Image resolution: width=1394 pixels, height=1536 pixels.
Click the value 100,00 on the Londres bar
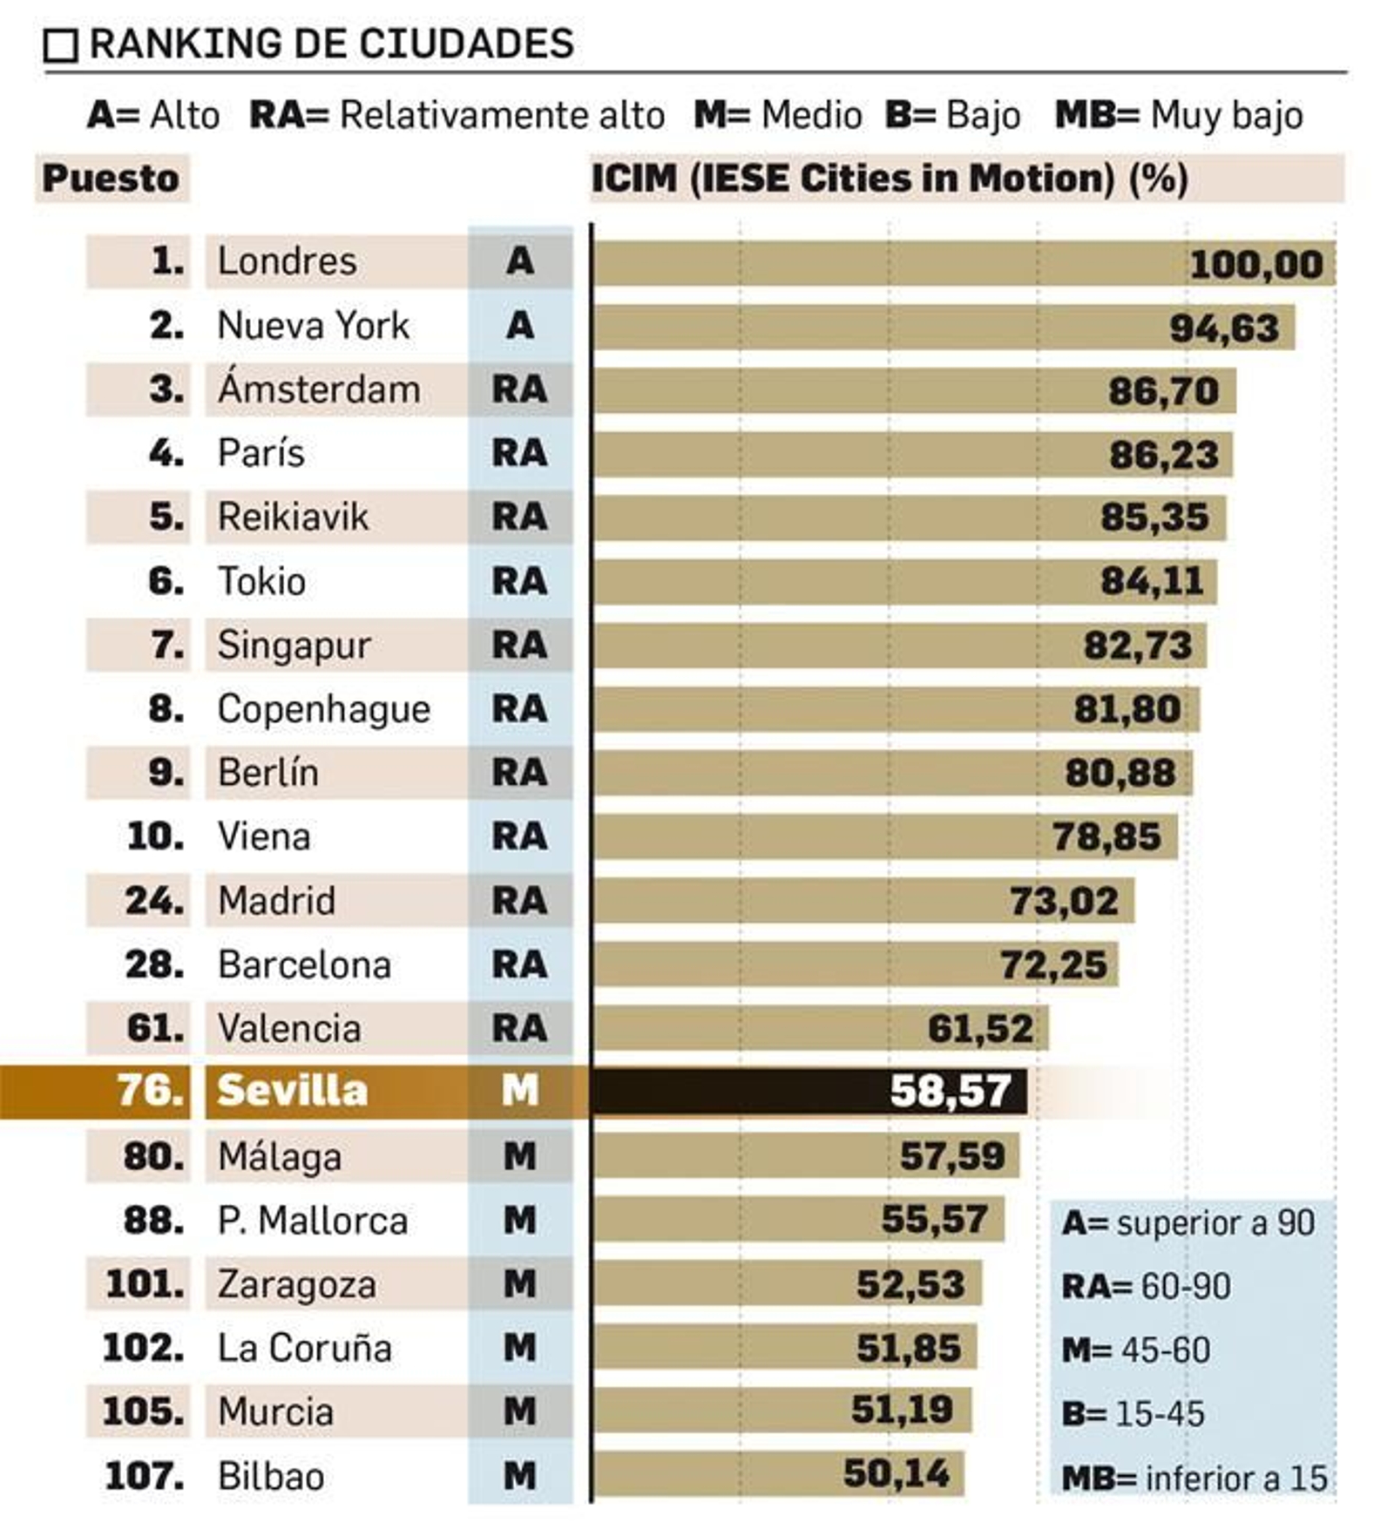pos(1255,264)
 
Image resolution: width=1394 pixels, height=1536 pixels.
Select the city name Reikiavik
pos(293,517)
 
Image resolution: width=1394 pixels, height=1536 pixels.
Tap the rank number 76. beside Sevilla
pos(149,1091)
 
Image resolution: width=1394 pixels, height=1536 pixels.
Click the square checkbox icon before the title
pos(61,45)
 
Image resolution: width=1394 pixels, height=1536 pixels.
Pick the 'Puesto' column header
pos(111,179)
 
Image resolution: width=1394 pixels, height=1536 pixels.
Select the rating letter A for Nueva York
pos(520,326)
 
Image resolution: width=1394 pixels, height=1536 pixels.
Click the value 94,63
pos(1224,328)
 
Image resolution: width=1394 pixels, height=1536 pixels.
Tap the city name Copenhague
pos(323,709)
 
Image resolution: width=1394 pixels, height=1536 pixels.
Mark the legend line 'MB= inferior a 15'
pos(1194,1478)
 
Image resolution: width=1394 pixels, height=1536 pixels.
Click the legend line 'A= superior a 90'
pos(1188,1223)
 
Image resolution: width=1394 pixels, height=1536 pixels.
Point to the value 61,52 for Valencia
pos(980,1029)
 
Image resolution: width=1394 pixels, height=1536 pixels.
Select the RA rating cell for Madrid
pos(520,901)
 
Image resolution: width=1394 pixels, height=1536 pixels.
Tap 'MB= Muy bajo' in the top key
pos(1179,115)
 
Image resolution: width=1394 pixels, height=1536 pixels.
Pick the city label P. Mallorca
pos(312,1221)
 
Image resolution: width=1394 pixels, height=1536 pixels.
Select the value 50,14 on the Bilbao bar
pos(897,1474)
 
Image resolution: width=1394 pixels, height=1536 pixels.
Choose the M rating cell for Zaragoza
pos(520,1284)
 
